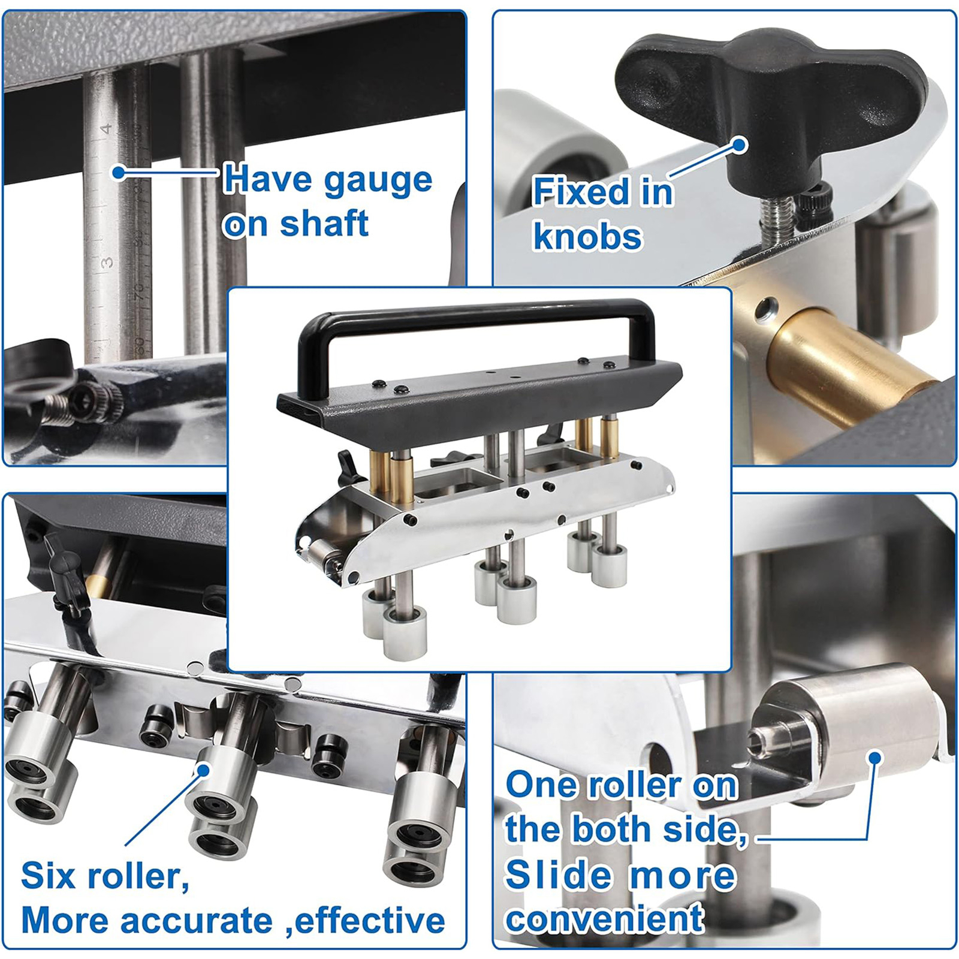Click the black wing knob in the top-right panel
click(773, 96)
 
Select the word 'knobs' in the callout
click(587, 236)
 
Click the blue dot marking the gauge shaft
click(119, 173)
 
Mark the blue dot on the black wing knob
click(741, 144)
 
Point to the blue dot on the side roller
click(875, 758)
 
